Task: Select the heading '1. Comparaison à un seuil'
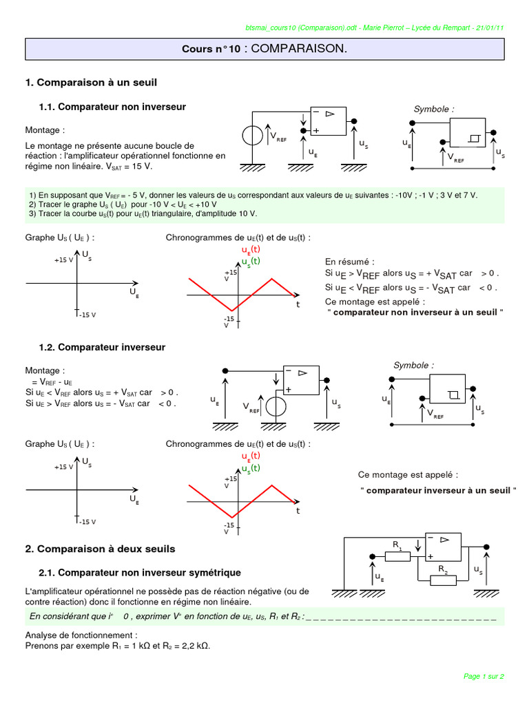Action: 91,83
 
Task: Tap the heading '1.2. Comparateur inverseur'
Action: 102,347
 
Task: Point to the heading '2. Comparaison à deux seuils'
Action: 100,549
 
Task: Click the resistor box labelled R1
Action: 397,556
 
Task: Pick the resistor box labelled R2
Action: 443,580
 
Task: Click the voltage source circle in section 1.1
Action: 253,136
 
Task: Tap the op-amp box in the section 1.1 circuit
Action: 328,122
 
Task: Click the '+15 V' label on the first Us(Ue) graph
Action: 64,261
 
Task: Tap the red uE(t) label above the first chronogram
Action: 251,249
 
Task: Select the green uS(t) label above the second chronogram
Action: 251,468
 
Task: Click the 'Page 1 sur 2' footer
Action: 484,676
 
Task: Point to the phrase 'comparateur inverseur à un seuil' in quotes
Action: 437,490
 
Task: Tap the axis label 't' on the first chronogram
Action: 298,304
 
